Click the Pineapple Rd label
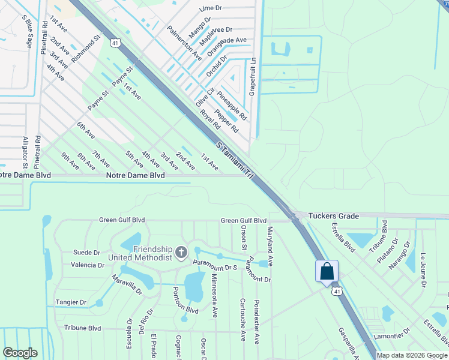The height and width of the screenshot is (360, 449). point(232,104)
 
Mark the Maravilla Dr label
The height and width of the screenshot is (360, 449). point(127,284)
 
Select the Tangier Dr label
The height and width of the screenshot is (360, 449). point(71,303)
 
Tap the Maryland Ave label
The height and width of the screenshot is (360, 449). point(271,247)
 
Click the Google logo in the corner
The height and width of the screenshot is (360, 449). point(19,353)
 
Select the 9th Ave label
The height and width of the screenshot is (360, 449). point(70,161)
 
